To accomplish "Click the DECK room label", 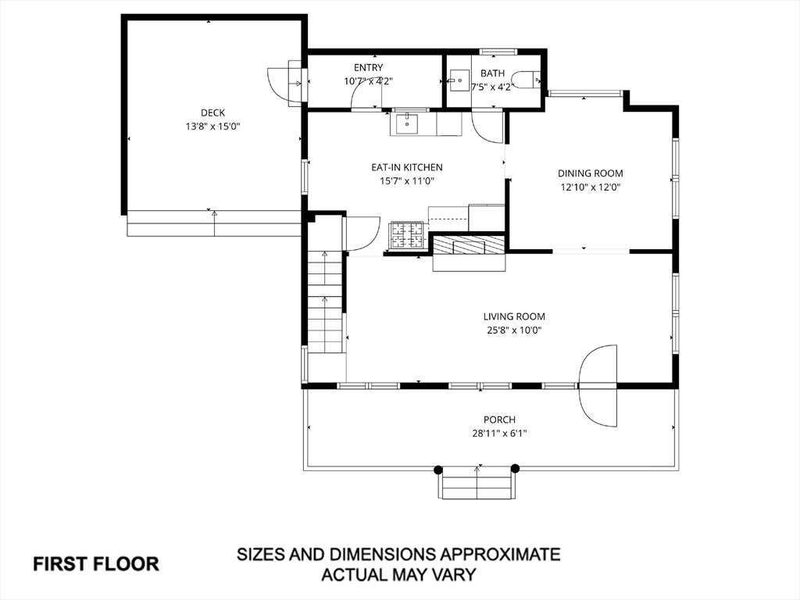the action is tap(212, 112).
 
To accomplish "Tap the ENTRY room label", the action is tap(369, 67).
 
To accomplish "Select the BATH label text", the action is tap(492, 73).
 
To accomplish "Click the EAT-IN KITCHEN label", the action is tap(406, 167).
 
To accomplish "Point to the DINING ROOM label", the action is tap(591, 173).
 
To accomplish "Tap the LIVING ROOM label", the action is tap(514, 316).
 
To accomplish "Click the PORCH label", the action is tap(499, 420).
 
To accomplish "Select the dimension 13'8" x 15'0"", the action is tap(212, 127).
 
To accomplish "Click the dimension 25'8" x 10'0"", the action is tap(514, 330).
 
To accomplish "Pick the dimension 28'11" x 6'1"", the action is tap(499, 434).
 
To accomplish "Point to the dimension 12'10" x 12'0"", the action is tap(591, 187).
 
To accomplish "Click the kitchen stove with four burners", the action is tap(406, 235).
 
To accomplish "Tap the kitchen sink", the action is tap(406, 123).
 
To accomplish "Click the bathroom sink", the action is tap(459, 80).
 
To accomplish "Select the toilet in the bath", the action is tap(526, 80).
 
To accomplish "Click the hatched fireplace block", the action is tap(469, 245).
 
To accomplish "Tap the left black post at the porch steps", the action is tap(437, 470).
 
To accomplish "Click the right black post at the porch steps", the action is tap(516, 469).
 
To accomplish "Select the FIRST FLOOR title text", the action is tap(96, 564).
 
